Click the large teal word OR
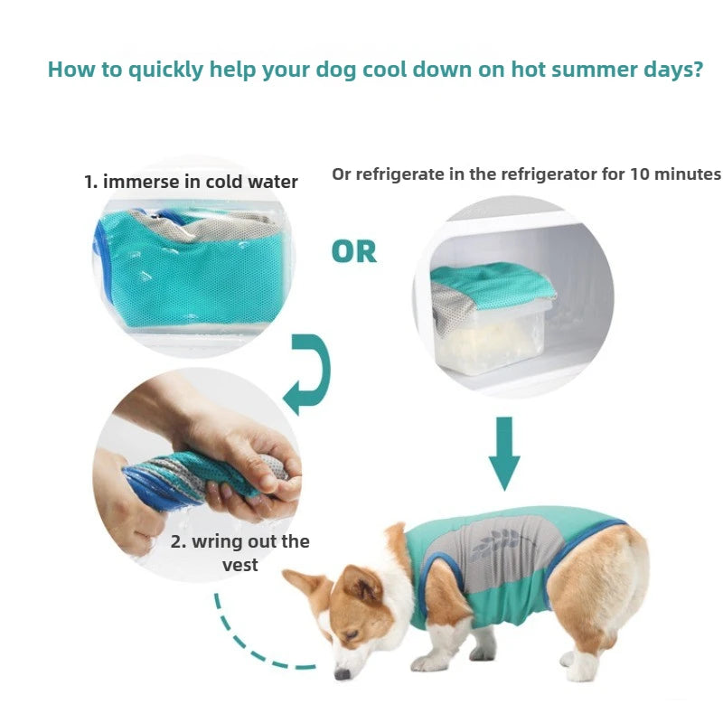353,251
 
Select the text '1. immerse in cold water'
191,182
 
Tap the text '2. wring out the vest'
239,552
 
